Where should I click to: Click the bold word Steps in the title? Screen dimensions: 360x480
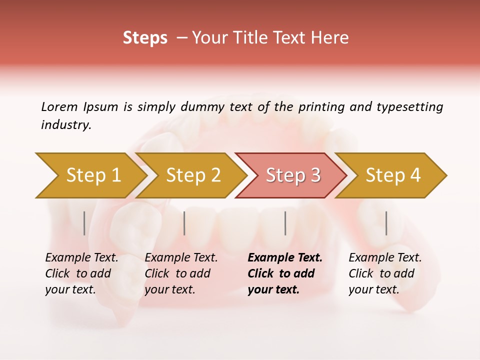pos(145,38)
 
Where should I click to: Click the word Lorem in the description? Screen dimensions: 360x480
pos(59,107)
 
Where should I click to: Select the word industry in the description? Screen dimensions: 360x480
pos(66,125)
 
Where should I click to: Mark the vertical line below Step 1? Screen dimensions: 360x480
pos(84,223)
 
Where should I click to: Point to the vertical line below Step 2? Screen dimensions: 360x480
pos(184,223)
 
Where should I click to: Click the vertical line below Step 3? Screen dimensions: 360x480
pos(285,223)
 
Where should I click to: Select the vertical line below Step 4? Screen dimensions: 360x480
pos(386,223)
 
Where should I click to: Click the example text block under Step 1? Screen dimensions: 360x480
pos(81,273)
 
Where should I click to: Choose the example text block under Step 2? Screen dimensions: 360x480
pos(181,273)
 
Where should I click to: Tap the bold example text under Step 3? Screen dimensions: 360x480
pos(285,273)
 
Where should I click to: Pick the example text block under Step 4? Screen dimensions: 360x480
pos(385,273)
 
